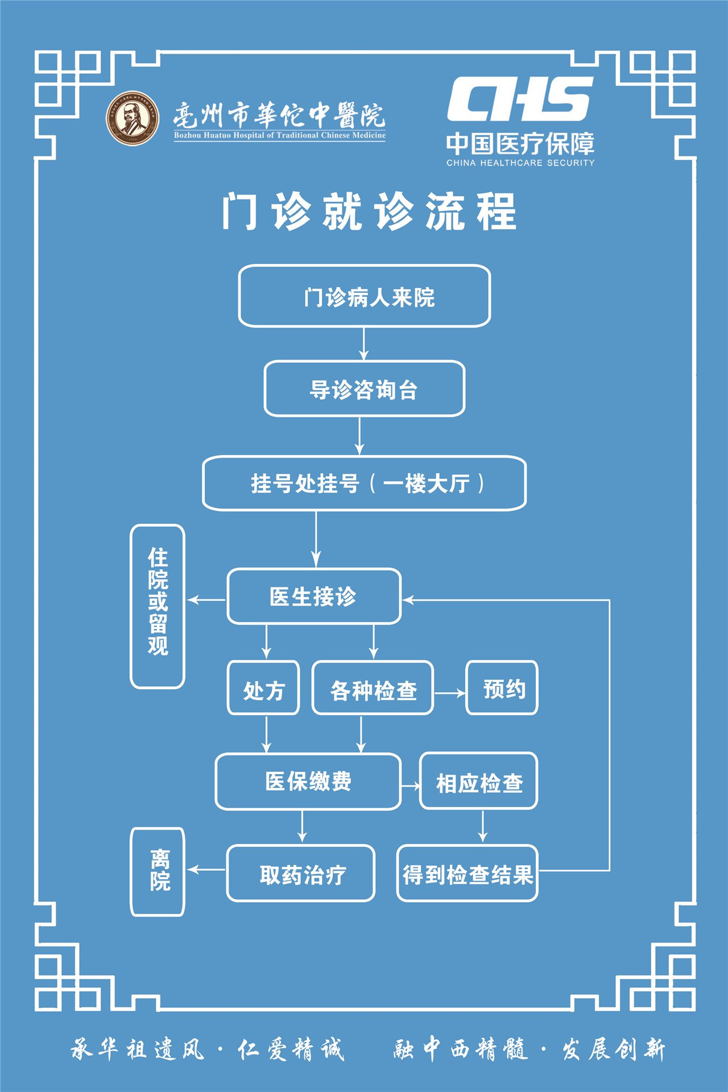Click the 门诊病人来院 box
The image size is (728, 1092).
point(364,296)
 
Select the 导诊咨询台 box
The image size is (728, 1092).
point(364,389)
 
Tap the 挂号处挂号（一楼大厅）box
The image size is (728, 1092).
point(364,483)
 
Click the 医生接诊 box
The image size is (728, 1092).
point(314,597)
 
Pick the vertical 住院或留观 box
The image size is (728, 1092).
point(158,606)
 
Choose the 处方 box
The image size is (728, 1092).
point(263,688)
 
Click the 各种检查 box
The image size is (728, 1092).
point(373,688)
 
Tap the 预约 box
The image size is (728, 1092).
point(502,688)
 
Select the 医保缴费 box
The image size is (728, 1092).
point(308,781)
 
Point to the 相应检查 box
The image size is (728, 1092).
point(479,781)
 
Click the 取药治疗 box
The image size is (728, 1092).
point(301,874)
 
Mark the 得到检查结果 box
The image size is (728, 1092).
point(467,874)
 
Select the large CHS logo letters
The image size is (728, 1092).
point(520,99)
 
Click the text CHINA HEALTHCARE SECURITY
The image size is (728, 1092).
point(520,163)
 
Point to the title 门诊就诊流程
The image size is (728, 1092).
point(369,212)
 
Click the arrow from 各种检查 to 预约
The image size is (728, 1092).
point(450,693)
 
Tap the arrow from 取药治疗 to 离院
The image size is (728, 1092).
point(206,870)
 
